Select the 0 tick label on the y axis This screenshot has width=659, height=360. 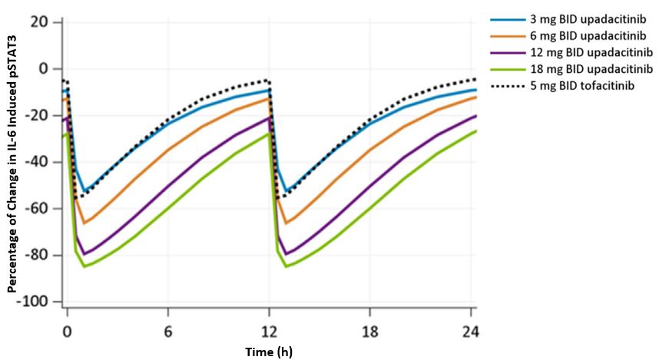click(x=44, y=69)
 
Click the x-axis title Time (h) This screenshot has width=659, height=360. click(x=269, y=351)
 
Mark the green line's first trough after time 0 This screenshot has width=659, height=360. click(x=84, y=266)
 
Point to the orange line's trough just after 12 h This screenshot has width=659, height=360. click(x=286, y=223)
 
